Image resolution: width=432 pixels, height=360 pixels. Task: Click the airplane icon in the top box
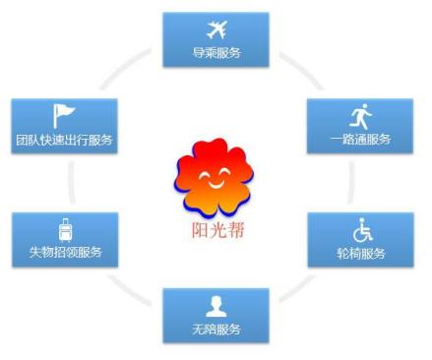coord(216,29)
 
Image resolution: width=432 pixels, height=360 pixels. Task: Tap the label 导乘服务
coord(216,52)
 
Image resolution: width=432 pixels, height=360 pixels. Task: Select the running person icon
coord(360,116)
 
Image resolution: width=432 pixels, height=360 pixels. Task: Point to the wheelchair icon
coord(360,230)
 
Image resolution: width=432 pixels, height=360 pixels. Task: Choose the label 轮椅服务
coord(360,254)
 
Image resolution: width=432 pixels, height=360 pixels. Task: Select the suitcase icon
coord(65,230)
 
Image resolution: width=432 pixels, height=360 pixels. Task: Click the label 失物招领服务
coord(65,254)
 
